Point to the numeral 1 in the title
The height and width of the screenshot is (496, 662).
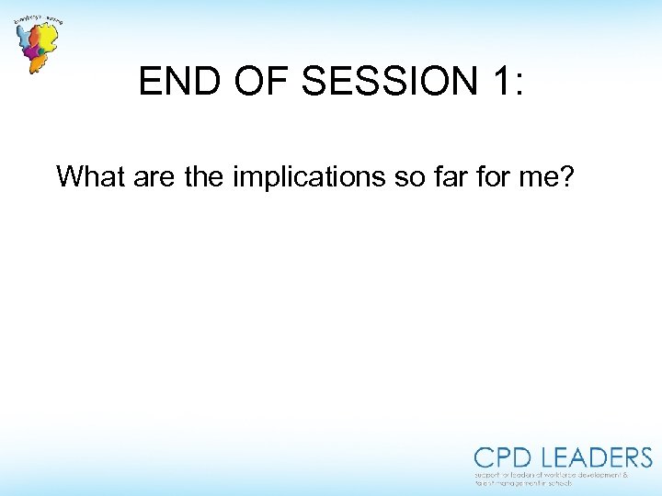(497, 83)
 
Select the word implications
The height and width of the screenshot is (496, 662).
(310, 175)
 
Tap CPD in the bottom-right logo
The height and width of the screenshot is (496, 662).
(504, 457)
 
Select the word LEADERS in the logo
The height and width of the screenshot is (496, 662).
(597, 457)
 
